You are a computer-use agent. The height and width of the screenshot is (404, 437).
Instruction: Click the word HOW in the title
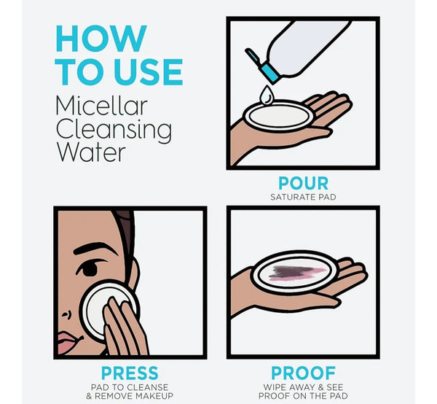pyautogui.click(x=101, y=38)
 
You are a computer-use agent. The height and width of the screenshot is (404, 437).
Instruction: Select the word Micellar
pyautogui.click(x=101, y=106)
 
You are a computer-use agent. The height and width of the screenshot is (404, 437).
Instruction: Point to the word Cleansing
pyautogui.click(x=114, y=130)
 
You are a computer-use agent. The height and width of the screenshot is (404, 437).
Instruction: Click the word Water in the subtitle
pyautogui.click(x=91, y=152)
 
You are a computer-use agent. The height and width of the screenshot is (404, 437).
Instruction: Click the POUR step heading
pyautogui.click(x=304, y=183)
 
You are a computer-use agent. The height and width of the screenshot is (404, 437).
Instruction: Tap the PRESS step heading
pyautogui.click(x=130, y=373)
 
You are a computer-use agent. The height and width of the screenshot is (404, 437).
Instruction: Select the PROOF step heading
pyautogui.click(x=303, y=373)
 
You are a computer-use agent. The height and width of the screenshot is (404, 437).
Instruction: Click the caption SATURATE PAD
pyautogui.click(x=303, y=197)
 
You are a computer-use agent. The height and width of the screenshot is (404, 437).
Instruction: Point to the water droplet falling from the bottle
pyautogui.click(x=267, y=96)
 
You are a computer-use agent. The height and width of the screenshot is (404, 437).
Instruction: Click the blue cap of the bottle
pyautogui.click(x=269, y=74)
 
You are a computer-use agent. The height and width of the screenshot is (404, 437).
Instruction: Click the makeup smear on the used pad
pyautogui.click(x=296, y=273)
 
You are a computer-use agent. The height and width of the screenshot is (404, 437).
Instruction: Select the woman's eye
pyautogui.click(x=89, y=269)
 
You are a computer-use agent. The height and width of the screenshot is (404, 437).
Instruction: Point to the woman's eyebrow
pyautogui.click(x=95, y=249)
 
